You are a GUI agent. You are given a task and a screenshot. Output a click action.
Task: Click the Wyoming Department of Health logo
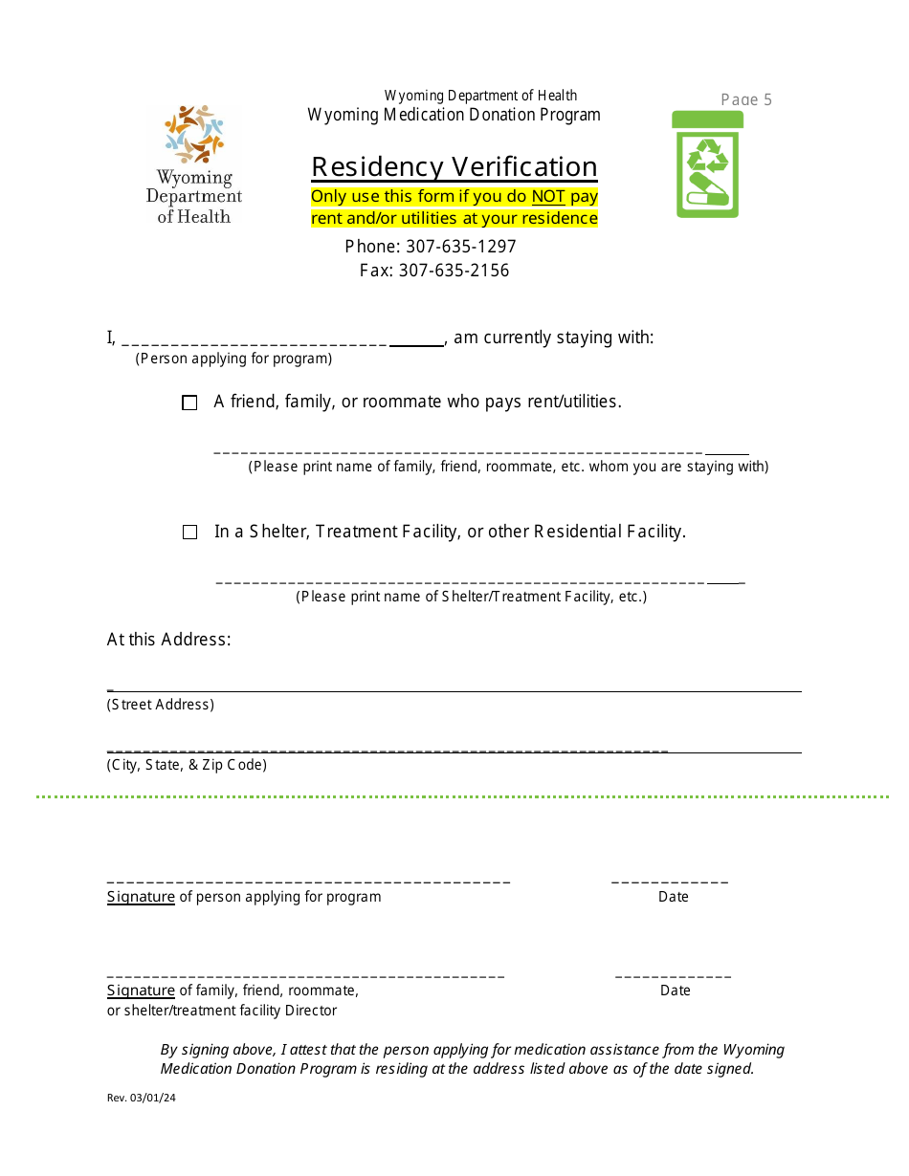coord(194,164)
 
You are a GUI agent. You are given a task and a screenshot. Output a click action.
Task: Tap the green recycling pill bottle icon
coord(707,164)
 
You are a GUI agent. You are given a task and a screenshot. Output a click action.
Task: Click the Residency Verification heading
coord(454,167)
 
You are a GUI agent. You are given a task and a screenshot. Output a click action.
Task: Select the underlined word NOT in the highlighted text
coord(548,197)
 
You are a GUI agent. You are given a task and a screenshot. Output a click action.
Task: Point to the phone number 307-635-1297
coord(461,247)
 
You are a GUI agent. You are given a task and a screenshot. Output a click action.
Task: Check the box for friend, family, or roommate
coord(189,403)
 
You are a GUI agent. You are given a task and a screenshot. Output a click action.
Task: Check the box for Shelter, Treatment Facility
coord(189,533)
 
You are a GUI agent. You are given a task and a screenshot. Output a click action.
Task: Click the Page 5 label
coord(746,99)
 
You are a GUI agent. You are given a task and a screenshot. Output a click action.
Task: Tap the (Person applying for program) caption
coord(233,359)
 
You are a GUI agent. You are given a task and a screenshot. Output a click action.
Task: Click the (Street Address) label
coord(161,705)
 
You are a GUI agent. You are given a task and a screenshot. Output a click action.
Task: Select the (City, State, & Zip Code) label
coord(187,765)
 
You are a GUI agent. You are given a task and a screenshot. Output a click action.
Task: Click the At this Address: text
coord(169,640)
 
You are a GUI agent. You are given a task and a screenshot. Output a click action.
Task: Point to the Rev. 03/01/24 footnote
coord(142,1098)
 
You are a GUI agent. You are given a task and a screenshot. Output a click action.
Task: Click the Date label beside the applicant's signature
coord(674,897)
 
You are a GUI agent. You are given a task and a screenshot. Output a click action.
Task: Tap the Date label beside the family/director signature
coord(676,991)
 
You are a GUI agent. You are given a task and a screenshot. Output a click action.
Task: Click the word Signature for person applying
coord(141,897)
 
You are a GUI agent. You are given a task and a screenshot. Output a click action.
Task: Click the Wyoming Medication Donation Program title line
coord(454,116)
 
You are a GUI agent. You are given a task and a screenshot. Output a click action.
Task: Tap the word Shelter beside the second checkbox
coord(277,532)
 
